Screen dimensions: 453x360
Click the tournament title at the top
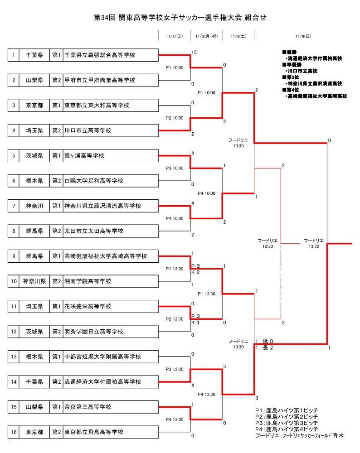point(180,18)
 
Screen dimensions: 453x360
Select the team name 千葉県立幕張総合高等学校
point(100,55)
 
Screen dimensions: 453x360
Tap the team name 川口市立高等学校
point(88,130)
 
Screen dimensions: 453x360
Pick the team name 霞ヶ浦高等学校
point(84,156)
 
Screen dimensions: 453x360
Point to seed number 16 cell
point(14,432)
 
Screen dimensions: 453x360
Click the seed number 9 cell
point(14,256)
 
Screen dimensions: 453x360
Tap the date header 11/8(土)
point(238,36)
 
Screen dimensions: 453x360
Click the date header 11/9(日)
point(303,36)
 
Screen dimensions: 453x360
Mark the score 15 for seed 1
point(194,53)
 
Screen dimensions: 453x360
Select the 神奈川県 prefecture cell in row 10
point(34,281)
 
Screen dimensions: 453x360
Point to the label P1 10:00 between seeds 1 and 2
point(175,68)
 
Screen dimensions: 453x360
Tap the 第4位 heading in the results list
point(289,90)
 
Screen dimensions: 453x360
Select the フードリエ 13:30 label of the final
point(313,243)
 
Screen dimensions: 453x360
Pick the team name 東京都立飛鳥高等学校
point(94,432)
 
